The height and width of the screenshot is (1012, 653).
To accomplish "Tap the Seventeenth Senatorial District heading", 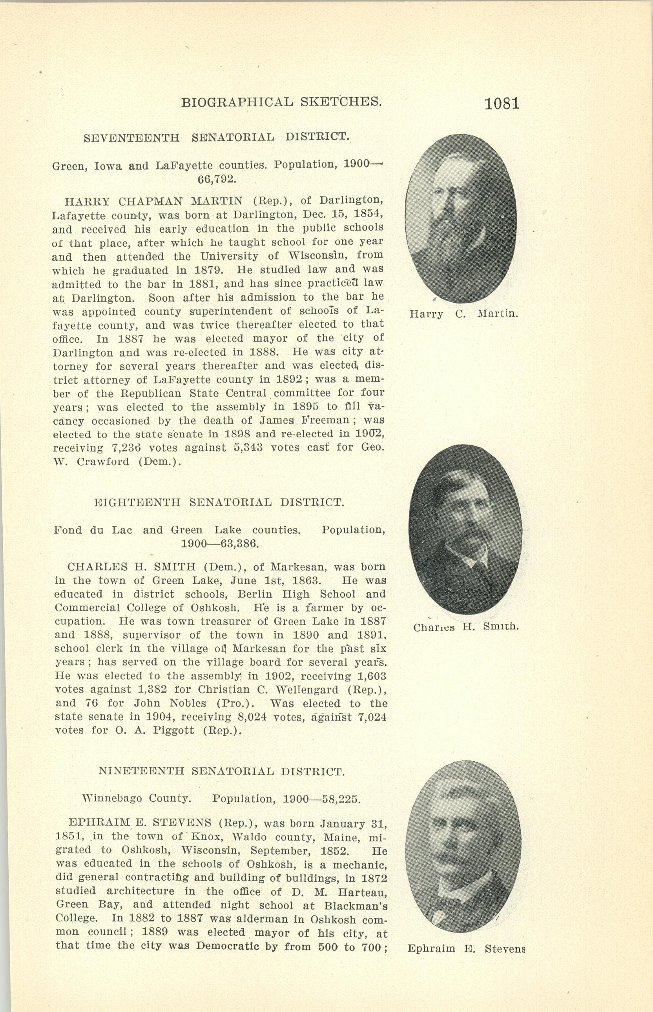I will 216,138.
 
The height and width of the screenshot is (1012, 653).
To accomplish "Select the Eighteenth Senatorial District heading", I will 219,502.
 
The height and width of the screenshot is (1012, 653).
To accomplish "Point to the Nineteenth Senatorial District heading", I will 221,771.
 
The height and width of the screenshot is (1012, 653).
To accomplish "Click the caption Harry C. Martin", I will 464,314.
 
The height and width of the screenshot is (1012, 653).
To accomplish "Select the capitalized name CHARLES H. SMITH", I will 131,566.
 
